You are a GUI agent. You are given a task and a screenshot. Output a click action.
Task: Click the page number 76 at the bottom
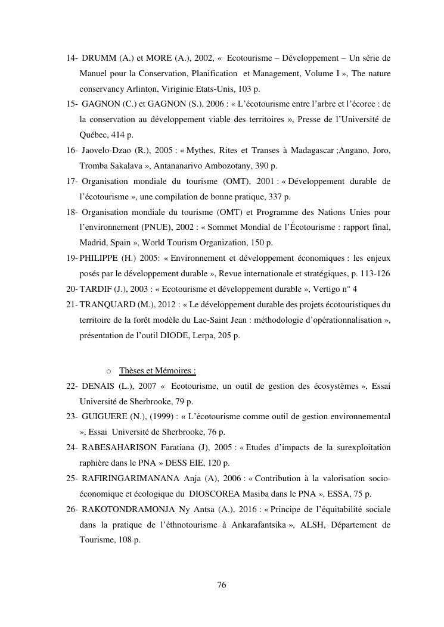coord(222,585)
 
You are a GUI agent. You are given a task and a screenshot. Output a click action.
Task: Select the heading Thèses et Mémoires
coord(157,371)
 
